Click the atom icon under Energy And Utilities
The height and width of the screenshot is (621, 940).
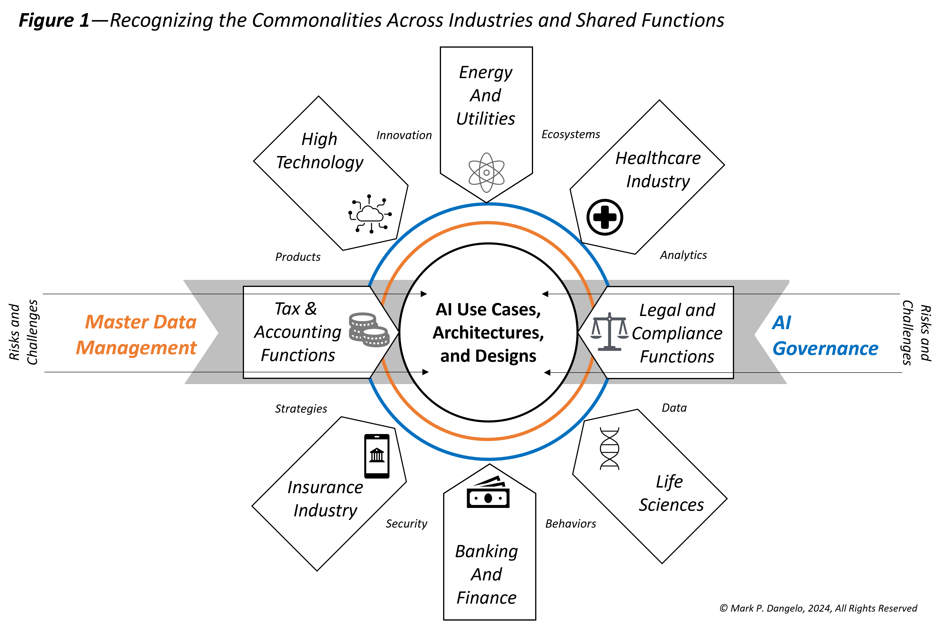(x=486, y=173)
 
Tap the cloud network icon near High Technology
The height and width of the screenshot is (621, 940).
(x=370, y=214)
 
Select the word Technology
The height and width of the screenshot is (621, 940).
(x=319, y=162)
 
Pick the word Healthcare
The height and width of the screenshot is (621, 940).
(x=658, y=158)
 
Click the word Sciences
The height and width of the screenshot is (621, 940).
(x=671, y=505)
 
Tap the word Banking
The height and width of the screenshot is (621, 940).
(x=486, y=551)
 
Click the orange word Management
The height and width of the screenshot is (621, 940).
(x=136, y=348)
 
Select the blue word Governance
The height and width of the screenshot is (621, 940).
(x=825, y=349)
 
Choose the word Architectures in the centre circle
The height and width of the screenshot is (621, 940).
(x=488, y=333)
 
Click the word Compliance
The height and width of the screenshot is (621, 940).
(x=677, y=333)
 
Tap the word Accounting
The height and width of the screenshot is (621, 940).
(x=298, y=332)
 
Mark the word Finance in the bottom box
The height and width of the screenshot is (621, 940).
(x=486, y=598)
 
